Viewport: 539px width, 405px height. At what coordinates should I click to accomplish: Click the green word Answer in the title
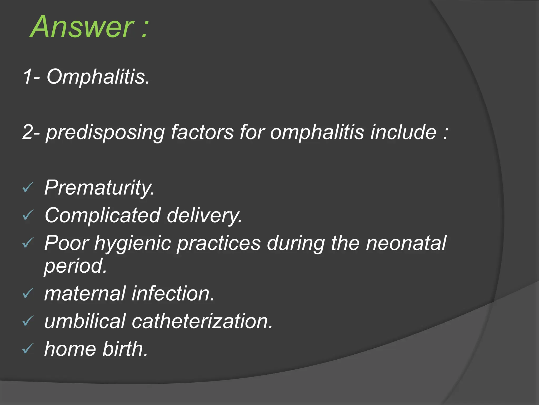tap(82, 27)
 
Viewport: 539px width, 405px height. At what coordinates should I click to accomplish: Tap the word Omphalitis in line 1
tap(98, 77)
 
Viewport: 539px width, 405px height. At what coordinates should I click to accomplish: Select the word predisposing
tap(105, 132)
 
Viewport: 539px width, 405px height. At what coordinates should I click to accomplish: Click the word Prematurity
tap(99, 188)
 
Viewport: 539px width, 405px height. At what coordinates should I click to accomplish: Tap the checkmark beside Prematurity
tap(28, 188)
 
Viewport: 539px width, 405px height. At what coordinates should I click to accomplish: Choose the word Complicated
tap(103, 216)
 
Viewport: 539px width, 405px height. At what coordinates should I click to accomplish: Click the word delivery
tap(204, 216)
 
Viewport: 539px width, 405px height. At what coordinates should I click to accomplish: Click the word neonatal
tap(406, 243)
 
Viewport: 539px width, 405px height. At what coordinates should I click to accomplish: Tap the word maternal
tap(85, 294)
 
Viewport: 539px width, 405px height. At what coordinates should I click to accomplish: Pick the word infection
tap(173, 294)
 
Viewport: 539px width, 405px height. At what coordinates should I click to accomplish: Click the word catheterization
tap(202, 322)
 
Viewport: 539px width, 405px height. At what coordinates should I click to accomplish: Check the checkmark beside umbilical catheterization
tap(28, 321)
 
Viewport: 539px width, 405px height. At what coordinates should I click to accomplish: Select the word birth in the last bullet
tap(125, 349)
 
